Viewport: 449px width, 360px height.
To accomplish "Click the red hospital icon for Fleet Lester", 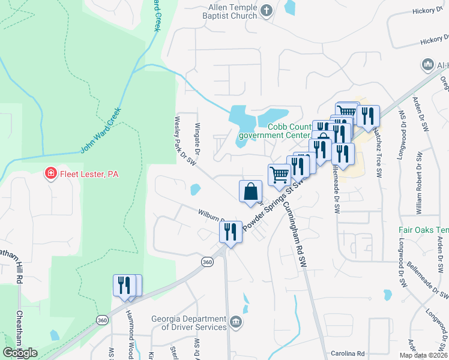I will [x=52, y=175].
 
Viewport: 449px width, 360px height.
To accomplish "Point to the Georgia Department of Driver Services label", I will [x=188, y=323].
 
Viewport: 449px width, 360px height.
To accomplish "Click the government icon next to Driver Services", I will [x=236, y=323].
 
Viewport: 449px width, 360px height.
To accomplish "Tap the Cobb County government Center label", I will [x=274, y=131].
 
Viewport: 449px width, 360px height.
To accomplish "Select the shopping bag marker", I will [x=250, y=192].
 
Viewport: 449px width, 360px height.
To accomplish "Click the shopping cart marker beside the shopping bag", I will [x=279, y=175].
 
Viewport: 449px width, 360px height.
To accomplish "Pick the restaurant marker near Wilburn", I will [x=231, y=231].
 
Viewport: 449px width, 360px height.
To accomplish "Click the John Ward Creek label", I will [x=100, y=130].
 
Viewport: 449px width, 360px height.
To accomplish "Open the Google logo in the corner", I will [x=20, y=352].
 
